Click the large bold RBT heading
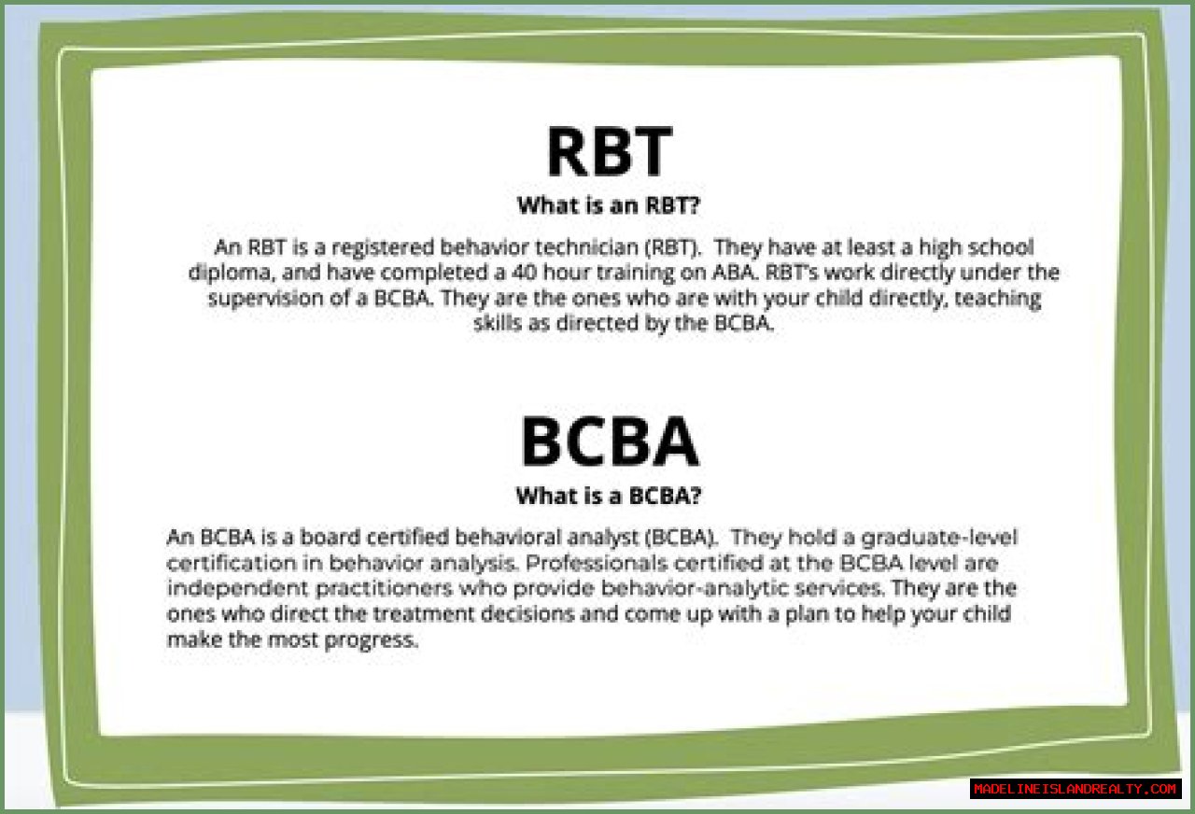610,151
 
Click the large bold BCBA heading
610,442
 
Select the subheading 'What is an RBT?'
609,205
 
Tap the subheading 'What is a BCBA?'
609,496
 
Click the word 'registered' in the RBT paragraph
384,248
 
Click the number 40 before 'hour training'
524,273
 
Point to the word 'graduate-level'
939,539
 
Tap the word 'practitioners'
384,589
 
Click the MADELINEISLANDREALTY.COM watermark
1075,789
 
